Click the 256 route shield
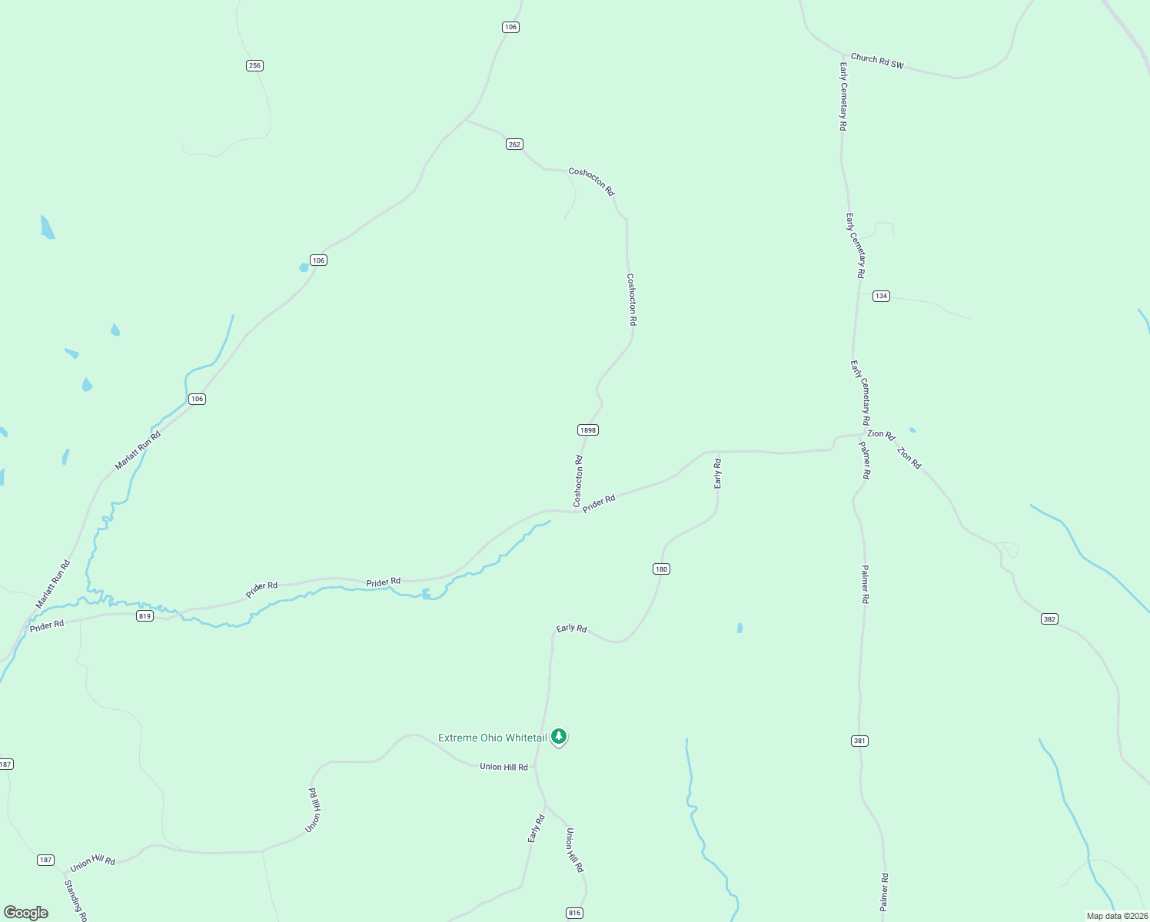(254, 65)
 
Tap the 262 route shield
(514, 144)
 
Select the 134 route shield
(881, 296)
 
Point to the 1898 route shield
(587, 430)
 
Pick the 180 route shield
(661, 569)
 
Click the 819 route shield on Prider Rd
(145, 616)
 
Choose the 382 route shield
(1049, 619)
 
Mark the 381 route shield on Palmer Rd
(859, 741)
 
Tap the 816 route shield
(574, 913)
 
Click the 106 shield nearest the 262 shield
(510, 27)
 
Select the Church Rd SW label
(877, 61)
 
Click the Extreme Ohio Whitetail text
(493, 738)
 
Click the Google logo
(26, 913)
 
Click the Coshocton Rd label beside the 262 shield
(592, 181)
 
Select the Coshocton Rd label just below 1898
(578, 482)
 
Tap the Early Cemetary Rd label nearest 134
(856, 246)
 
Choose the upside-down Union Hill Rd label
(314, 810)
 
